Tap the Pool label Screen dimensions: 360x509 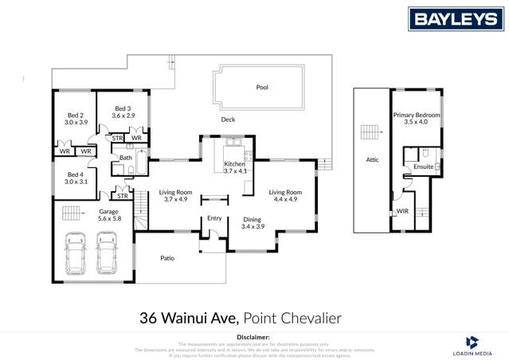point(262,88)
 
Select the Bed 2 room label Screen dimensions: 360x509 point(76,119)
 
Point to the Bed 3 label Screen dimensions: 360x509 point(122,112)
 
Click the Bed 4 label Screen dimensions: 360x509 point(76,178)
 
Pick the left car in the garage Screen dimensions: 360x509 point(76,252)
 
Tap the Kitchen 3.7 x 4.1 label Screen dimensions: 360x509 point(235,167)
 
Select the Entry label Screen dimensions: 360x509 point(214,217)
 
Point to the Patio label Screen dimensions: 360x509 point(167,258)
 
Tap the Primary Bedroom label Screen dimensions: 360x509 point(416,119)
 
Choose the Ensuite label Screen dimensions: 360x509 point(424,167)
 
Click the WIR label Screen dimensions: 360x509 point(403,211)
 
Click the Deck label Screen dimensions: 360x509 point(228,120)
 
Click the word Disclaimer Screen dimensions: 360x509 point(254,338)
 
